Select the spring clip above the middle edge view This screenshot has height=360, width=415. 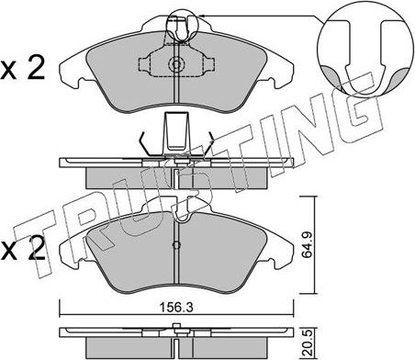coord(174,136)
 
